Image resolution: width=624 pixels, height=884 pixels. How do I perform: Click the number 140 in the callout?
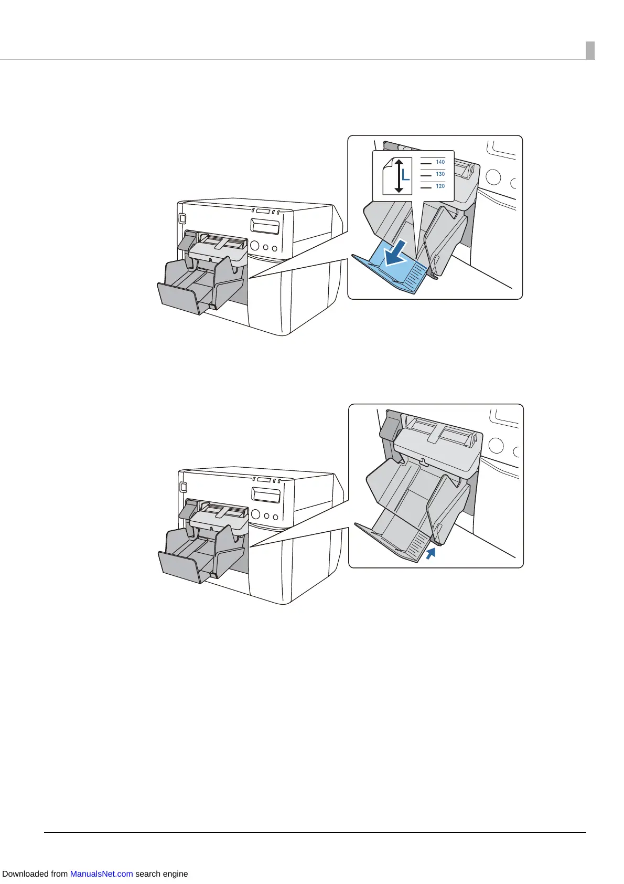click(x=440, y=162)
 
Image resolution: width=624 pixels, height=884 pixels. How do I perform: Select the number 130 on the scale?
click(x=440, y=174)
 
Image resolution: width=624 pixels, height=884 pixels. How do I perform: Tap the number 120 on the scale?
click(x=440, y=186)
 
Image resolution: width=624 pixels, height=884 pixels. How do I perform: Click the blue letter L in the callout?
click(x=405, y=175)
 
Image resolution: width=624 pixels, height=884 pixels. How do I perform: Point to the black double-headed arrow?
click(x=399, y=175)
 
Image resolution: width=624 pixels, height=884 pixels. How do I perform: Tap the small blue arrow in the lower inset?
click(x=431, y=553)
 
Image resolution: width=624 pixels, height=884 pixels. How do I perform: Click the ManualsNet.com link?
click(x=101, y=874)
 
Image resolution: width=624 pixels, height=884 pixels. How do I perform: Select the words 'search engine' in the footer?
click(x=162, y=874)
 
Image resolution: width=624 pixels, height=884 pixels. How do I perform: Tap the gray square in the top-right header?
click(x=590, y=50)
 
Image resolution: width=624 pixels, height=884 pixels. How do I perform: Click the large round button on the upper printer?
click(x=255, y=245)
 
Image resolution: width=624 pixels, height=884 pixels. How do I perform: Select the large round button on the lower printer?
click(x=255, y=513)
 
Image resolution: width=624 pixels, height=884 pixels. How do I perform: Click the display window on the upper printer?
click(x=265, y=226)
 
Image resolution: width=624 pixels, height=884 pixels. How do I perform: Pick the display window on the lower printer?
click(x=265, y=494)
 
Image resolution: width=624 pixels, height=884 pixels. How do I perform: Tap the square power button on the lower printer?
click(x=183, y=487)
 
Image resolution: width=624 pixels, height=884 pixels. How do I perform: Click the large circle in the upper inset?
click(x=493, y=176)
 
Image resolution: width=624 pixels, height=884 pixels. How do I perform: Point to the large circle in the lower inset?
click(x=496, y=446)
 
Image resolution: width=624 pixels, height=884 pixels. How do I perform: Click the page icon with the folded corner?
click(x=391, y=175)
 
